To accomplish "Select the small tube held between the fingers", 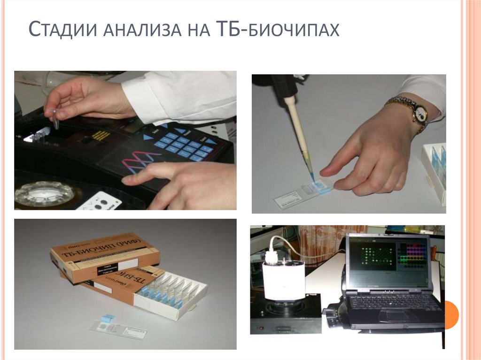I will click(x=54, y=118).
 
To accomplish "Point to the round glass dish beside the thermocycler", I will click(x=44, y=193).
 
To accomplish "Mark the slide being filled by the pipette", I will click(x=303, y=193).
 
